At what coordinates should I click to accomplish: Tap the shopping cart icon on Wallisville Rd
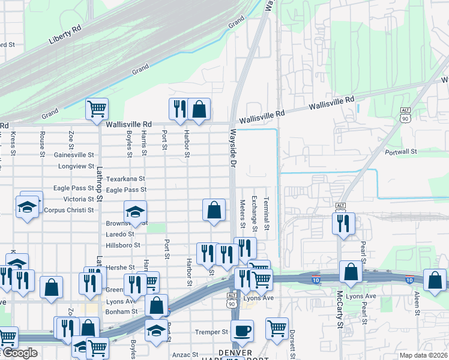point(97,109)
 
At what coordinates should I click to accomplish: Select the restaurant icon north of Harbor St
point(179,109)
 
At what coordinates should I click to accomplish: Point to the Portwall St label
point(401,152)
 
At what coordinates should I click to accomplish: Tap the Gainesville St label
point(74,155)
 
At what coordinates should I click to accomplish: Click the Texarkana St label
point(125,179)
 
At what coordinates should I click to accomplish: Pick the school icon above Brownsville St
point(136,211)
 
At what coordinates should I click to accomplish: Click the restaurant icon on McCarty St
point(343,224)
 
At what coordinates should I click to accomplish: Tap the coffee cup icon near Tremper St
point(242,331)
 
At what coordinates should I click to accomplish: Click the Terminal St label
point(266,215)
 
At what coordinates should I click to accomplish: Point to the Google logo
point(19,353)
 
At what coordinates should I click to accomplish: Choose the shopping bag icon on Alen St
point(435,280)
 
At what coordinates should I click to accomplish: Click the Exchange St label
point(254,214)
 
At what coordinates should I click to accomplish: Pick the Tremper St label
point(211,332)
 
